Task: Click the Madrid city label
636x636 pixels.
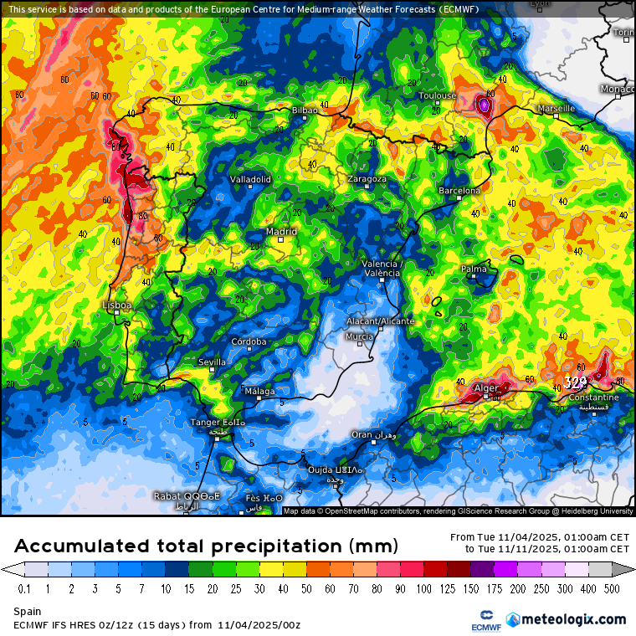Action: (281, 232)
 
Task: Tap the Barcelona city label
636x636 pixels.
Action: (459, 191)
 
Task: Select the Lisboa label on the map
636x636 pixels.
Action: (116, 305)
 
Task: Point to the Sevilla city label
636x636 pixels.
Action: (212, 362)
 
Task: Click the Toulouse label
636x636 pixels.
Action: (438, 95)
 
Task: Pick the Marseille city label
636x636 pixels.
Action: (556, 109)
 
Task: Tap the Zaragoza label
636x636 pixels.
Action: (367, 179)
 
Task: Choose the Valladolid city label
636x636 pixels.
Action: (250, 179)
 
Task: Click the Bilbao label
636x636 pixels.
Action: (305, 110)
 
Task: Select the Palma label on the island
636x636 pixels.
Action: (474, 269)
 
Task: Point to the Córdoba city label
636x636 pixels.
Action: (249, 341)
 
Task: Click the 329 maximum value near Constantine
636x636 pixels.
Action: (575, 383)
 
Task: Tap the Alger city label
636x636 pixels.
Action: (486, 388)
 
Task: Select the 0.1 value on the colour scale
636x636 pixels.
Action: (24, 588)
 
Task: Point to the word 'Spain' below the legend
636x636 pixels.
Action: (27, 612)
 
